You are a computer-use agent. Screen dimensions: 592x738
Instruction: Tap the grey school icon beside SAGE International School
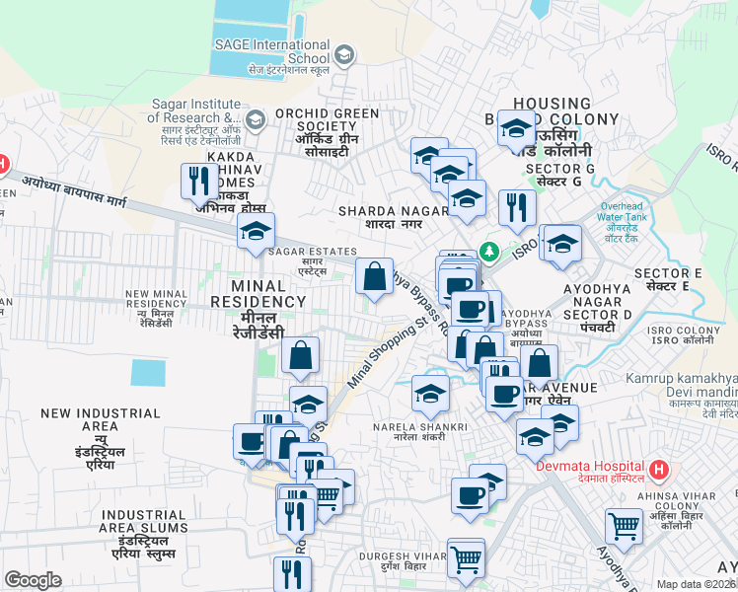[x=344, y=56]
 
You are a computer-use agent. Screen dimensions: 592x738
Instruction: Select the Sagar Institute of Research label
[x=195, y=111]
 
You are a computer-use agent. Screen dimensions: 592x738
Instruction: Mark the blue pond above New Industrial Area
[x=148, y=372]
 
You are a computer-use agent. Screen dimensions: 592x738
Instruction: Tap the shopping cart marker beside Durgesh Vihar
[x=466, y=557]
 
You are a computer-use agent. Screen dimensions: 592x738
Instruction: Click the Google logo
[x=33, y=580]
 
